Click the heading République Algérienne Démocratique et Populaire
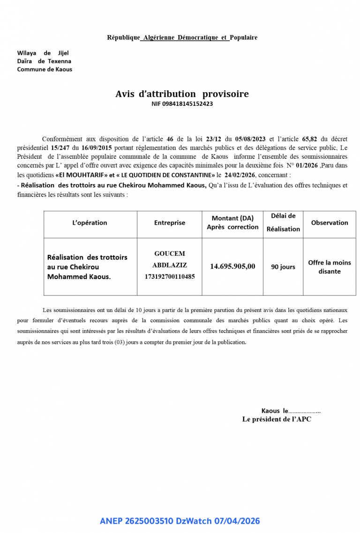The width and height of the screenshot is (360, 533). click(182, 37)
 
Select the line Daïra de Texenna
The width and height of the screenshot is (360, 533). click(44, 61)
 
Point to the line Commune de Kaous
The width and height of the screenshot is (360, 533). click(45, 69)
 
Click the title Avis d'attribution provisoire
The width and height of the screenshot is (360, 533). click(182, 94)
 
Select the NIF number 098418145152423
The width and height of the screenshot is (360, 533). click(182, 104)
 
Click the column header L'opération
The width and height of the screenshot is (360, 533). click(90, 223)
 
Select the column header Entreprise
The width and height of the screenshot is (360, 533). click(170, 223)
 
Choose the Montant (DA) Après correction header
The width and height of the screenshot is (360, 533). click(232, 222)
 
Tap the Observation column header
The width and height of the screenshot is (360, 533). click(330, 223)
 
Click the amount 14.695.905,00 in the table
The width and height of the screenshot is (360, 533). click(232, 266)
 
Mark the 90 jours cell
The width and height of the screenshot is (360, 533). click(283, 267)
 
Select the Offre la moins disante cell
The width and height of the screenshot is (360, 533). click(330, 267)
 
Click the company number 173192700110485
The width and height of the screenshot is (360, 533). click(170, 277)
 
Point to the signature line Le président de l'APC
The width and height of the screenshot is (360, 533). click(277, 420)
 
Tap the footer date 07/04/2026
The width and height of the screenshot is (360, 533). click(237, 521)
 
